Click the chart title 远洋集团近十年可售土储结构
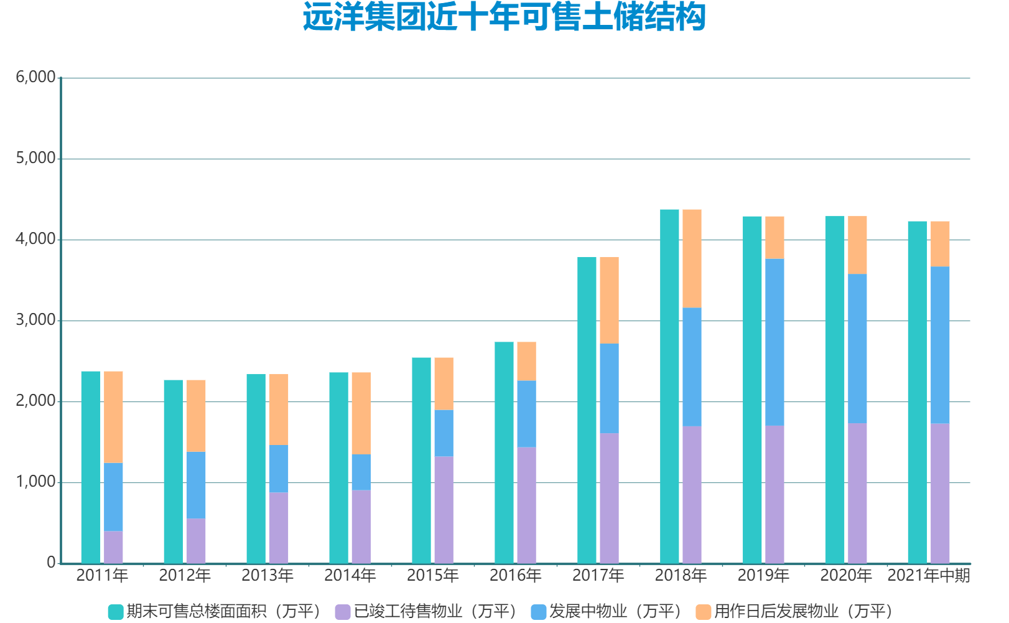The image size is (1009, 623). [x=504, y=17]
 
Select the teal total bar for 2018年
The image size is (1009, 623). [x=669, y=386]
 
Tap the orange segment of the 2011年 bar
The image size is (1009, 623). [x=113, y=417]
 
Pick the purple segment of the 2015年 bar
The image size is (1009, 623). [x=444, y=510]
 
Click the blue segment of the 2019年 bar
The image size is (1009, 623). [x=774, y=342]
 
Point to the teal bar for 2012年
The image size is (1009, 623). [x=174, y=471]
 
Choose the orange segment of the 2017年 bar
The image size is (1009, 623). [x=609, y=300]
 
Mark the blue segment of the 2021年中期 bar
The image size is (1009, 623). [x=940, y=345]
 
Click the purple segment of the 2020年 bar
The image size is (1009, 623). [x=857, y=493]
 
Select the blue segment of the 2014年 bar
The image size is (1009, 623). [x=361, y=472]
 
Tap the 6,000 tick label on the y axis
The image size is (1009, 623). [x=35, y=77]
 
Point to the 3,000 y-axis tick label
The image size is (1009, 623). [x=35, y=320]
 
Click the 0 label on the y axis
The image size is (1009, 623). [x=51, y=563]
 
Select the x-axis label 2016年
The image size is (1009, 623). [x=515, y=575]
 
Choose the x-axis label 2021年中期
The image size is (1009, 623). [x=928, y=575]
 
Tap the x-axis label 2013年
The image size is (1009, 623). [x=267, y=575]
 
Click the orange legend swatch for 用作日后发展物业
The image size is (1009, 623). [x=703, y=612]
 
